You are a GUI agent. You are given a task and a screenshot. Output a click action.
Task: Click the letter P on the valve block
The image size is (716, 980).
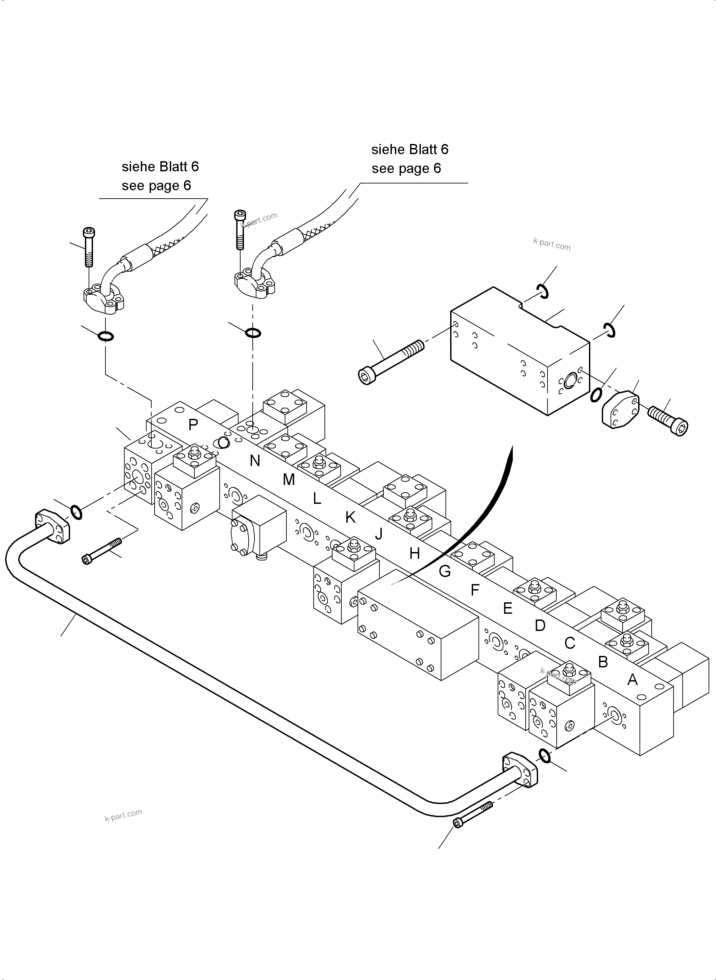tap(193, 425)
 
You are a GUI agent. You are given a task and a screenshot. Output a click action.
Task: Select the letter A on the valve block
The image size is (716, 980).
tap(632, 680)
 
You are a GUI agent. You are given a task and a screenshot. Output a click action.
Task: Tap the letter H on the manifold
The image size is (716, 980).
tap(414, 553)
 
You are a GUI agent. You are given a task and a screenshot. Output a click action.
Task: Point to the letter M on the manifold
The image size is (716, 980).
tap(289, 479)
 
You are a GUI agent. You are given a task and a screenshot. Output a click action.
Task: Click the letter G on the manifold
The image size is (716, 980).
tap(445, 571)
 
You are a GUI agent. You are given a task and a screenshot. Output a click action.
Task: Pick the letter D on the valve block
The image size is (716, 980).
tap(539, 625)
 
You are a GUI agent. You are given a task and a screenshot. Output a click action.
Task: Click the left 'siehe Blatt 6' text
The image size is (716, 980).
tap(160, 167)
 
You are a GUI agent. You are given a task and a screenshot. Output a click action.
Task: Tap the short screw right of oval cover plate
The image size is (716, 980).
tap(667, 420)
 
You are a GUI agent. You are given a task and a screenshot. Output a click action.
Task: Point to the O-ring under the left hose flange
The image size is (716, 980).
tap(106, 336)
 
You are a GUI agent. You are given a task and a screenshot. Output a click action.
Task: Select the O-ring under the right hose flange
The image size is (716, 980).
tap(253, 333)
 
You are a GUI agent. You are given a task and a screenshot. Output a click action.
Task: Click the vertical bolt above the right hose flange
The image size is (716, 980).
tap(240, 230)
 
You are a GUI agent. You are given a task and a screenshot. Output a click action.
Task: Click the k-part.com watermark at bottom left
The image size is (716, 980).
tap(124, 815)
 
